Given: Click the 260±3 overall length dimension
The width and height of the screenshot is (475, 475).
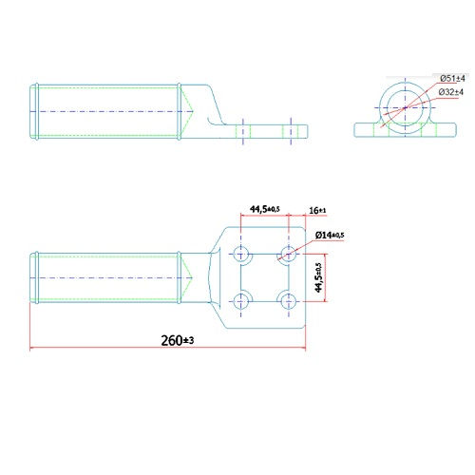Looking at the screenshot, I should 169,339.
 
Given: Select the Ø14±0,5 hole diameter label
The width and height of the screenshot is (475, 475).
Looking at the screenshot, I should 329,235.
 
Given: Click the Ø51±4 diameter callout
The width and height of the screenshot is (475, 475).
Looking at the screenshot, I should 452,78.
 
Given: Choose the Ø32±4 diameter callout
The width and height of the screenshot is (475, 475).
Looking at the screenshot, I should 452,91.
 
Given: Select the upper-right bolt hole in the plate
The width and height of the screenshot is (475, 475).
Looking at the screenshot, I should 286,254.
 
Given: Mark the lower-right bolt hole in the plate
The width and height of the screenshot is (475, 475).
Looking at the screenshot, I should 286,301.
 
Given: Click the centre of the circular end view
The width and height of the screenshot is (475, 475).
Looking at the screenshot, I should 405,108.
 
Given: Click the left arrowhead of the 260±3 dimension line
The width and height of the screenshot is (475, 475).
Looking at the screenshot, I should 33,349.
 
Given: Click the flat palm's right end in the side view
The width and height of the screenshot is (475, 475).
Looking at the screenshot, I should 306,129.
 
